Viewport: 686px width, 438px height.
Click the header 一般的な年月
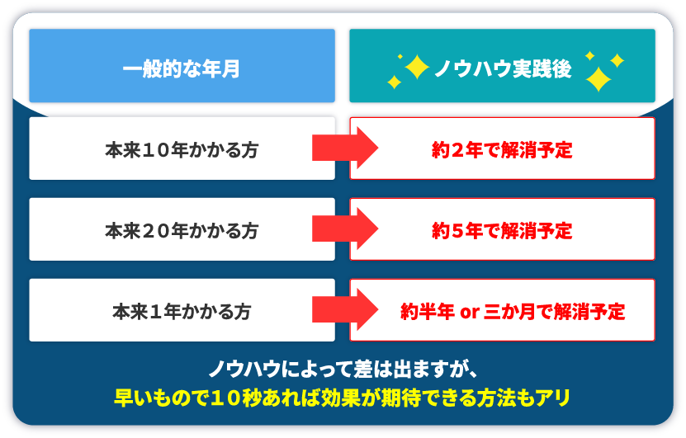point(182,68)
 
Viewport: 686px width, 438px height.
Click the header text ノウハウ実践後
point(503,68)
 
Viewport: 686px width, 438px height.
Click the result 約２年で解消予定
point(502,150)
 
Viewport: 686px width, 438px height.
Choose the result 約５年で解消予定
point(502,231)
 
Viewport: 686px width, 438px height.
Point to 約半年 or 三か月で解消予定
point(513,312)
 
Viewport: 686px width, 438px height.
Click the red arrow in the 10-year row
point(345,148)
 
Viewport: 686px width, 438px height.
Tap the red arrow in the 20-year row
point(345,228)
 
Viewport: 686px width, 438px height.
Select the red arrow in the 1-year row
point(345,309)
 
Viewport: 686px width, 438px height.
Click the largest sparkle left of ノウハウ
point(417,67)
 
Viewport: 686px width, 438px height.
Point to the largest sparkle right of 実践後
point(598,79)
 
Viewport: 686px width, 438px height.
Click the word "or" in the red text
point(470,313)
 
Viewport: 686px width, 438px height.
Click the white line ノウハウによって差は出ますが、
point(343,370)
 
